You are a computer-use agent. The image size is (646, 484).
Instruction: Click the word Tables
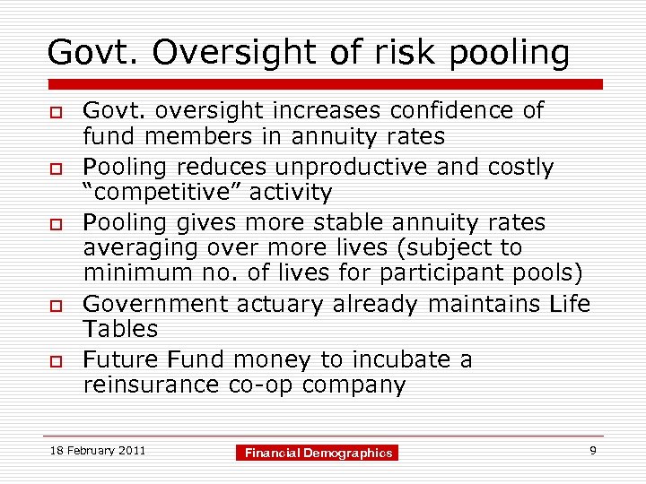coord(120,329)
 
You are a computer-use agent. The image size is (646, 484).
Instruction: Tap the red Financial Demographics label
coord(319,454)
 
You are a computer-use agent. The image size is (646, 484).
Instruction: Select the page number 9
coord(593,450)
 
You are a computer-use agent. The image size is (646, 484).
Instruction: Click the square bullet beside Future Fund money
coord(54,361)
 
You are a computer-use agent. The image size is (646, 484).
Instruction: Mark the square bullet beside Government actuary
coord(54,305)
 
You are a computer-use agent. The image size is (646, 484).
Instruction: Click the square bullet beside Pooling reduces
coord(54,169)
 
